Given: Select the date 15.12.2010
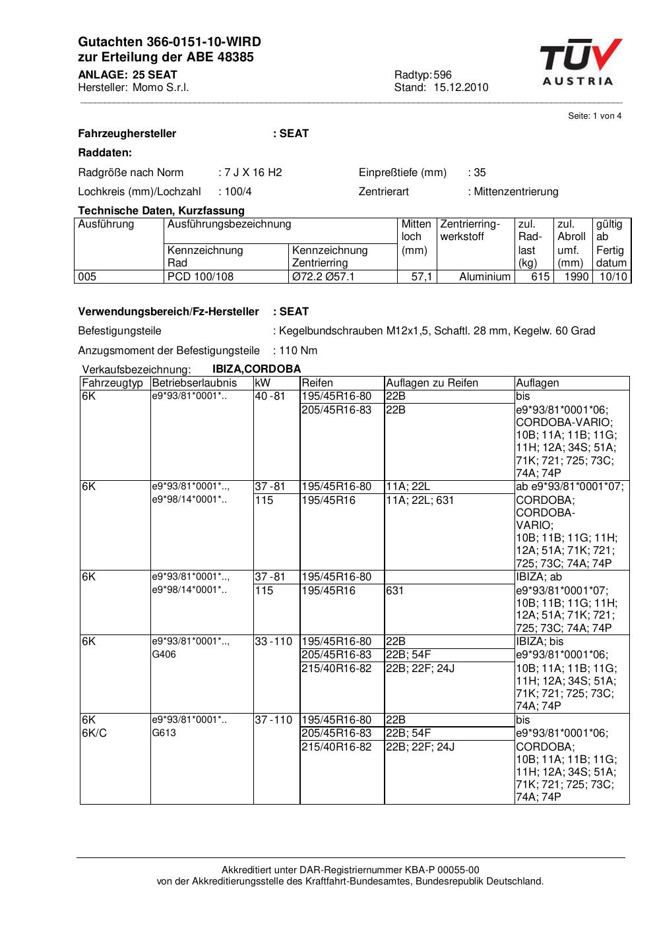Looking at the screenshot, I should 460,88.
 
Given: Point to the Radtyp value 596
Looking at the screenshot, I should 443,75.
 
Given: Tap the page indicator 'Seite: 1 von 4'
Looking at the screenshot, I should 594,116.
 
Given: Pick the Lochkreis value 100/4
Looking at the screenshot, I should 237,192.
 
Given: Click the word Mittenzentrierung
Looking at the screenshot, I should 516,192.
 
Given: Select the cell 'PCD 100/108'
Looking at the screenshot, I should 201,277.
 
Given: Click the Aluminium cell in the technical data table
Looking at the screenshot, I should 485,277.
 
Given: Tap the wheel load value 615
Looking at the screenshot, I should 540,277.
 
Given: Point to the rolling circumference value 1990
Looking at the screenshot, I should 576,277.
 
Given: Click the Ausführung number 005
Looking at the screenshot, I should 87,277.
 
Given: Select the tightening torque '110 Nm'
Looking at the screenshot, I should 298,351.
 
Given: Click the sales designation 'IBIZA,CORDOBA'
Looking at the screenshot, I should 257,369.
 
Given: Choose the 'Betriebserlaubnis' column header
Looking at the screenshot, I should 194,383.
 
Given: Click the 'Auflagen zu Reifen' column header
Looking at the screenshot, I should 432,383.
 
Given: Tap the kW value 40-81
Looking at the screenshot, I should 270,396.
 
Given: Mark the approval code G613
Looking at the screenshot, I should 164,733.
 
